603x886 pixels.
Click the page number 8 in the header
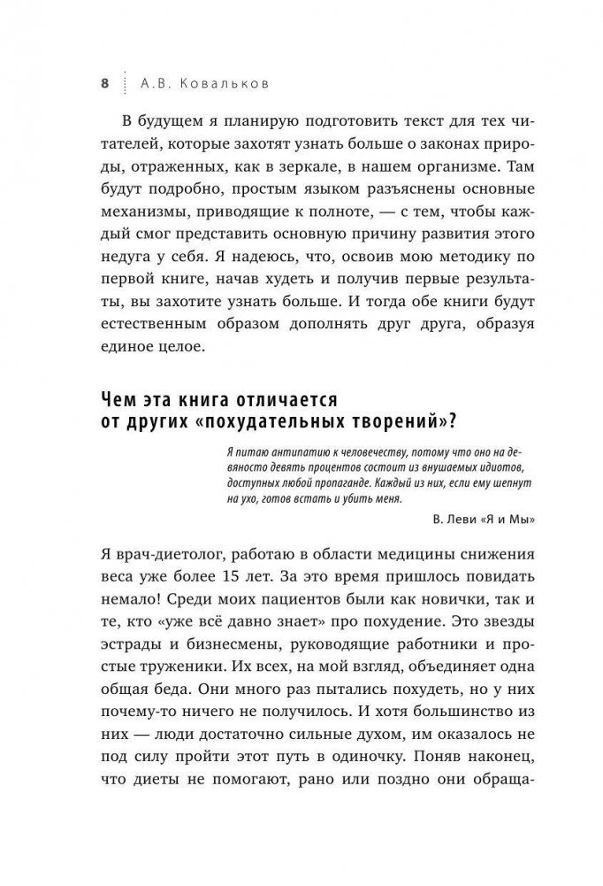coord(104,83)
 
